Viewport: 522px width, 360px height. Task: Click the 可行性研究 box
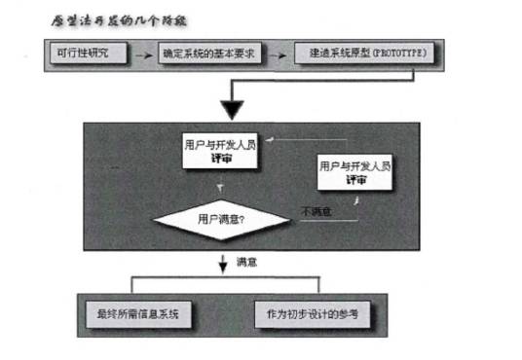(85, 52)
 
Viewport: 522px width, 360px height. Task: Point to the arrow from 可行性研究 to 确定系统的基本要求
(141, 52)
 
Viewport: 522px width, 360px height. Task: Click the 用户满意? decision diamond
(222, 219)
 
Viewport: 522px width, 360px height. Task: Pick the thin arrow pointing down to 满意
(222, 263)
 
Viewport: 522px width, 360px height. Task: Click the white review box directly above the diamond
(221, 149)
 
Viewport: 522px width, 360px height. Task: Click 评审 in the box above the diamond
(221, 157)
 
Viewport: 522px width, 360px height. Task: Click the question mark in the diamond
(242, 220)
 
